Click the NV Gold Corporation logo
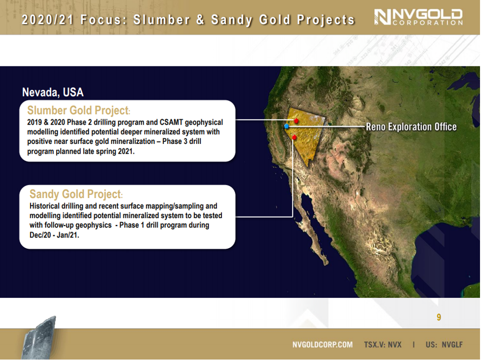click(x=418, y=17)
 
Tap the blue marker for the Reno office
click(x=287, y=126)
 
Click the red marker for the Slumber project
click(x=296, y=121)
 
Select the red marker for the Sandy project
click(x=294, y=137)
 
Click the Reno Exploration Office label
click(x=411, y=127)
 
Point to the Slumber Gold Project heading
click(x=79, y=110)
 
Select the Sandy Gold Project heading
click(x=76, y=194)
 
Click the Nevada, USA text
click(x=53, y=92)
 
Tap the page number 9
click(x=439, y=317)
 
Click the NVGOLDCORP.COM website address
click(x=322, y=345)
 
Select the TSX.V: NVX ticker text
click(x=383, y=345)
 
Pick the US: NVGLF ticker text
click(x=444, y=345)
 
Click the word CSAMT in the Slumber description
click(x=171, y=122)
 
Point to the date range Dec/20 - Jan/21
click(x=54, y=235)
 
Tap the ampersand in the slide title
click(x=200, y=20)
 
